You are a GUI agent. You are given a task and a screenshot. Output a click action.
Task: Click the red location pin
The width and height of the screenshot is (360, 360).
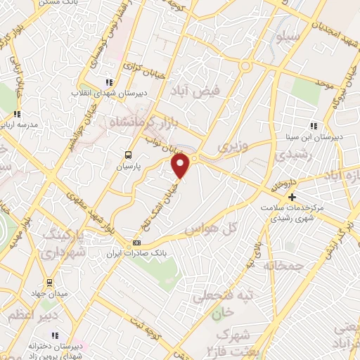coord(181,166)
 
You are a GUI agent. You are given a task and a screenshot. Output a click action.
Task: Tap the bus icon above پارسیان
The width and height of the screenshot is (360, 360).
coord(128,155)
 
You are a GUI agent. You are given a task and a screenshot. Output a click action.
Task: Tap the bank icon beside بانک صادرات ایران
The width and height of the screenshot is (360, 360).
coord(136,243)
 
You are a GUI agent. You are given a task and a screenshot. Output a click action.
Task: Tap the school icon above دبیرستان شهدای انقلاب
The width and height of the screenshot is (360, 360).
coord(108,82)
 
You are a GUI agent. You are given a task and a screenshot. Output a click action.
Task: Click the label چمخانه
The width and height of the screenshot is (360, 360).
coord(283,265)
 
